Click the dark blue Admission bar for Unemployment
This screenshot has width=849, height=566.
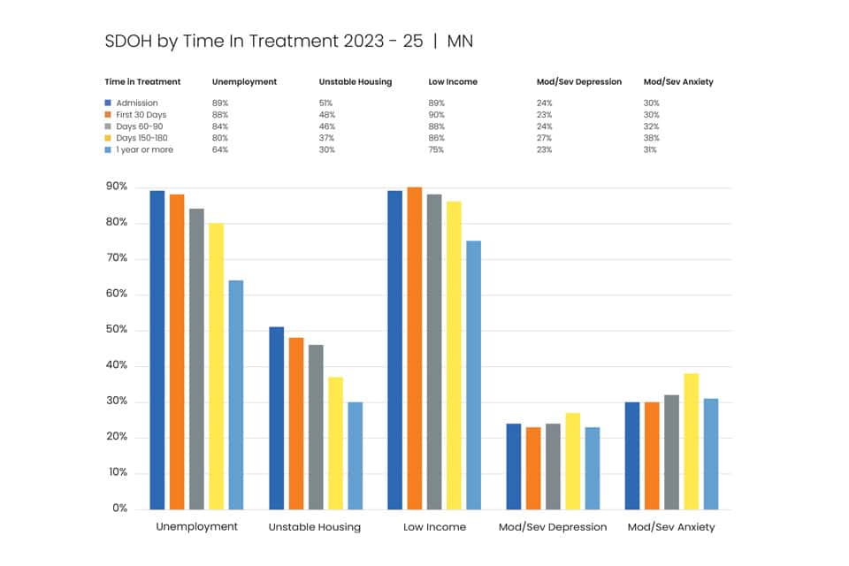coord(157,350)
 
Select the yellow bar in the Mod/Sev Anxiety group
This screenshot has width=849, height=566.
coord(692,441)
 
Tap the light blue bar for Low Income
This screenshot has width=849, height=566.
coord(473,375)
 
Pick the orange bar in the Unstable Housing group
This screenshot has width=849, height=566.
coord(296,424)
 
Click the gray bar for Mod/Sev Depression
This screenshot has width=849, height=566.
coord(553,466)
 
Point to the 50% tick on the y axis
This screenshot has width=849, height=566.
coord(117,329)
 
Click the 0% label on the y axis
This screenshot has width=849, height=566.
coord(119,508)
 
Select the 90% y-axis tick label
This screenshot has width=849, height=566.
coord(117,187)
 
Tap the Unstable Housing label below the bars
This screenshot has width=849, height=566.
coord(315,527)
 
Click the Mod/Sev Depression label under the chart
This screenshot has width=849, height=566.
coord(553,527)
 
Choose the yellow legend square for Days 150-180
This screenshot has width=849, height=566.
coord(108,138)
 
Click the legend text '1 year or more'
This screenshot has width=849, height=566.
coord(144,149)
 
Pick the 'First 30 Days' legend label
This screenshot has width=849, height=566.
coord(141,115)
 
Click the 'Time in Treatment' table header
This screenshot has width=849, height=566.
coord(142,81)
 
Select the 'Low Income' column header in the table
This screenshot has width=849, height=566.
coord(453,81)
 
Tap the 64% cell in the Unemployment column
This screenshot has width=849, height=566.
coord(220,149)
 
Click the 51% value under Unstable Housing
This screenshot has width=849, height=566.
coord(326,103)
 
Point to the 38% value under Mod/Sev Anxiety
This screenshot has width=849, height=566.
coord(652,138)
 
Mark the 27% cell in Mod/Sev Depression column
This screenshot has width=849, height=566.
coord(544,138)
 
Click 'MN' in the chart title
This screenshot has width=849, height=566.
coord(460,42)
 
